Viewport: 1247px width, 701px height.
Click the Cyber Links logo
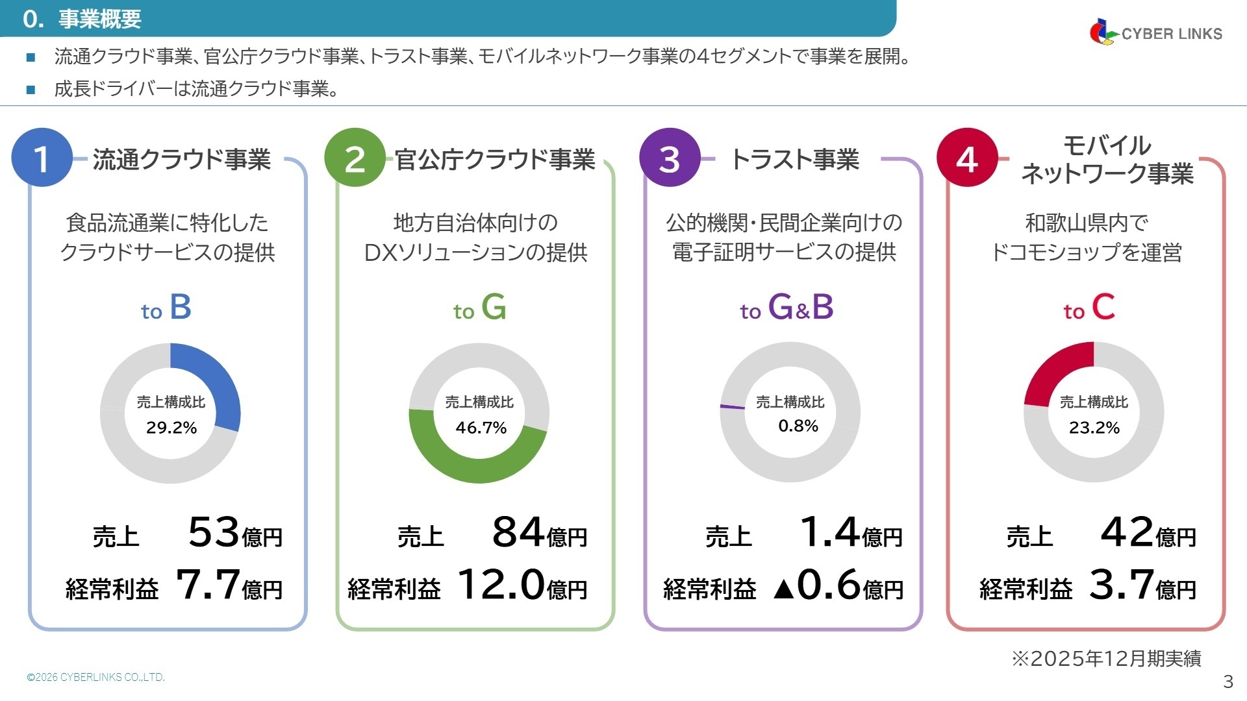click(1155, 32)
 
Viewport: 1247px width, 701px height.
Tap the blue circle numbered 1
click(42, 158)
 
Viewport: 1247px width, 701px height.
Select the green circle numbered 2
click(355, 158)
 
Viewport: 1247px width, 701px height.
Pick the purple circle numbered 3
click(670, 158)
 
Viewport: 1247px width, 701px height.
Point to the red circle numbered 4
click(967, 158)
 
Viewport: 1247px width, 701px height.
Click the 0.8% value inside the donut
click(798, 426)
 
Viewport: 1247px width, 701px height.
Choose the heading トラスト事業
click(795, 160)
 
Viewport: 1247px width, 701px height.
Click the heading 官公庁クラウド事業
click(495, 160)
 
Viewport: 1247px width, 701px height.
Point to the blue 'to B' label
click(166, 308)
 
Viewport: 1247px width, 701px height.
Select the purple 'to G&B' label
click(787, 308)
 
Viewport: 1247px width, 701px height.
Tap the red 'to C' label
click(1089, 308)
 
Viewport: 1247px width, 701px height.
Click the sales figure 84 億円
click(539, 533)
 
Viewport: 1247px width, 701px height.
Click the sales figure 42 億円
click(1148, 533)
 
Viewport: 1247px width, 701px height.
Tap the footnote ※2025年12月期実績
click(1106, 659)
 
